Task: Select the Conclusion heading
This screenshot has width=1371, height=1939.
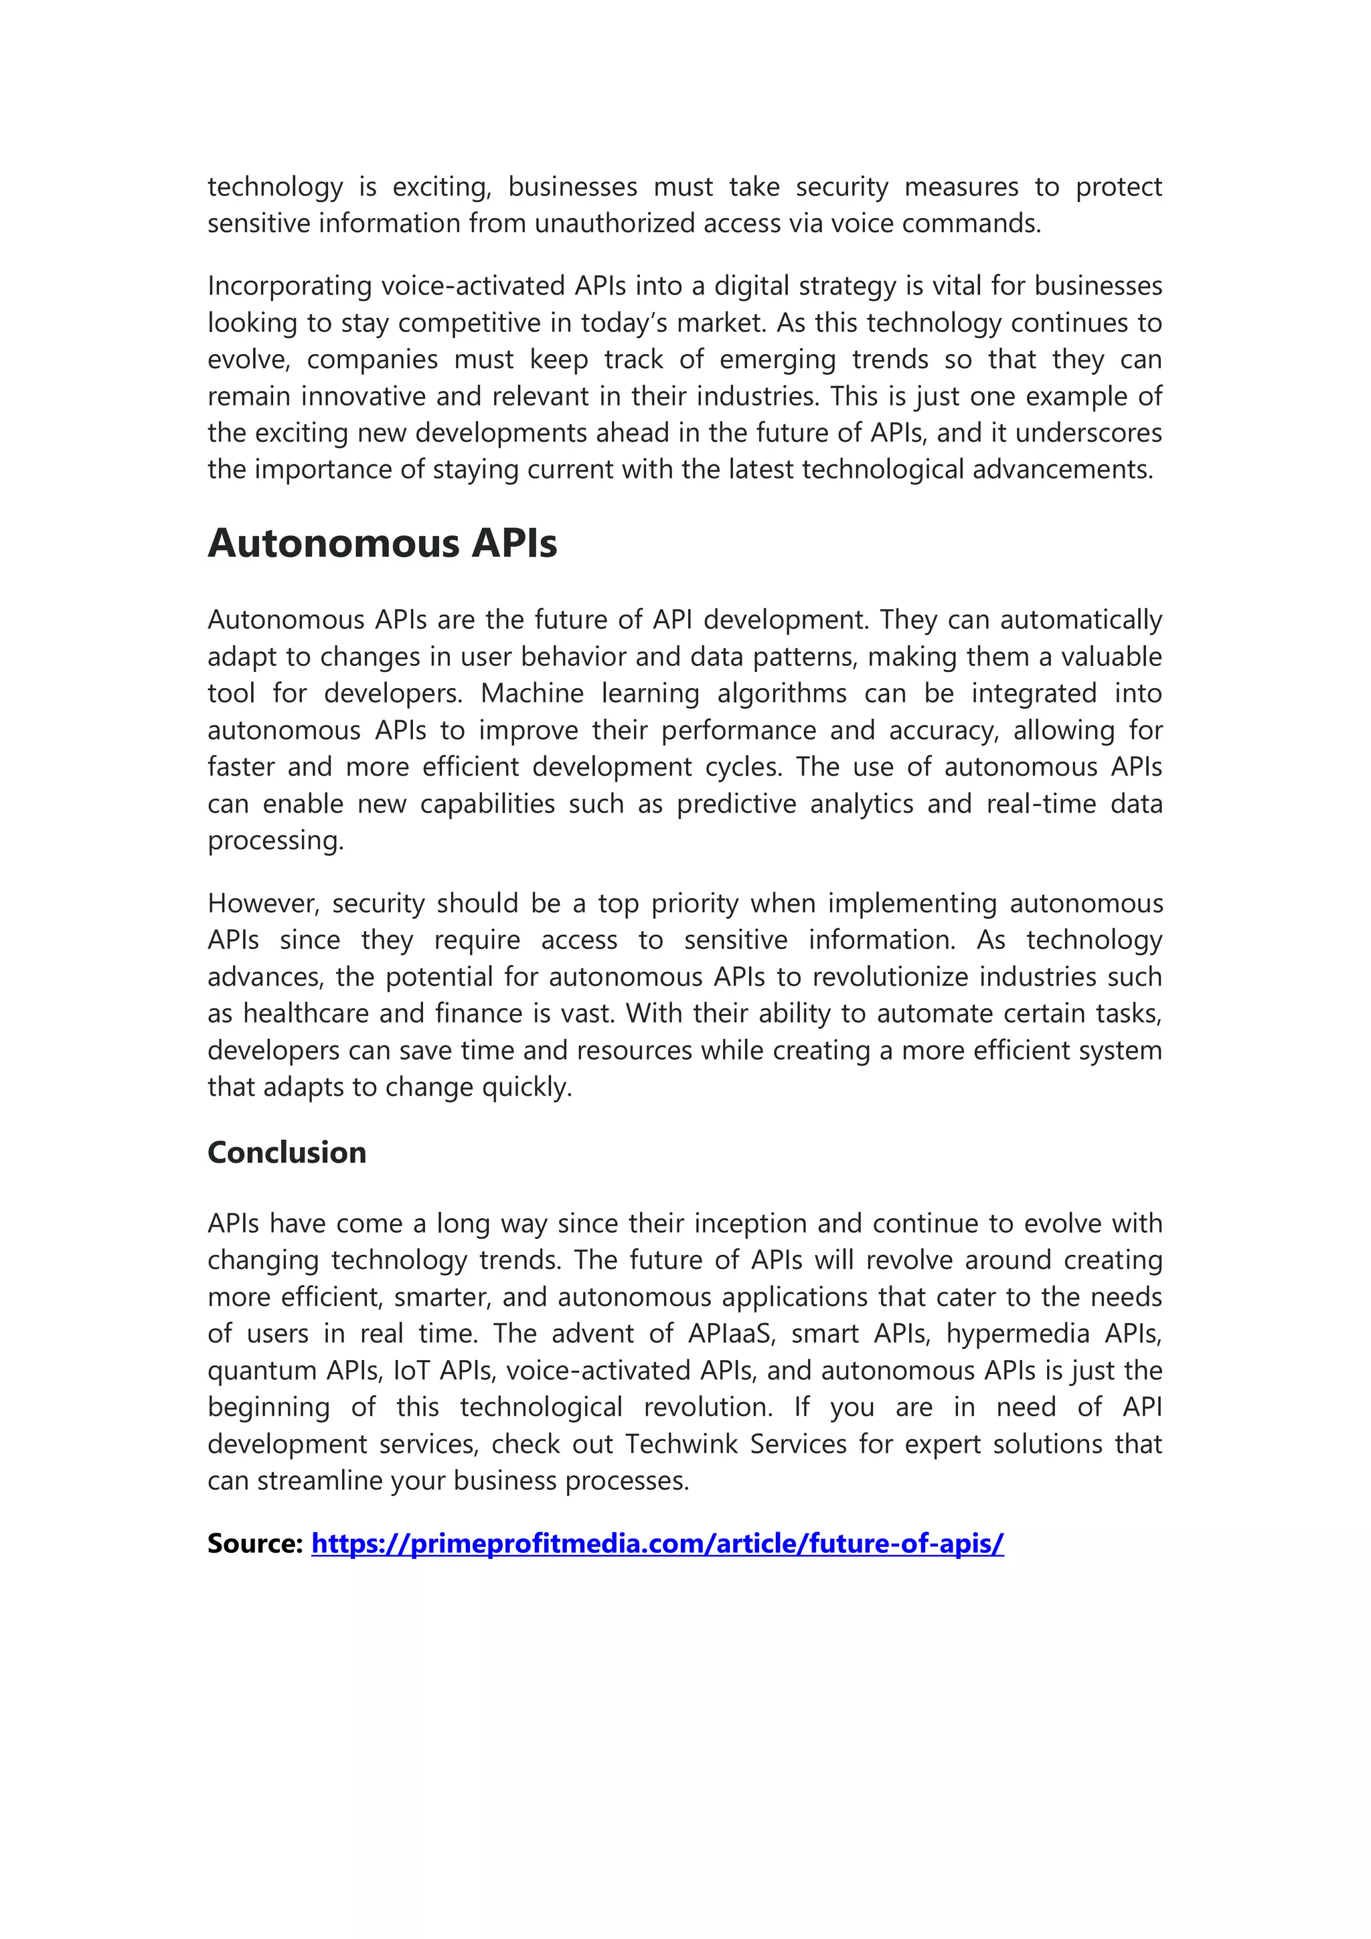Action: coord(287,1152)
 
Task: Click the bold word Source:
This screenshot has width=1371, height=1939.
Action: coord(254,1543)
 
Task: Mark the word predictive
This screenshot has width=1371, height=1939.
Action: coord(736,803)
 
